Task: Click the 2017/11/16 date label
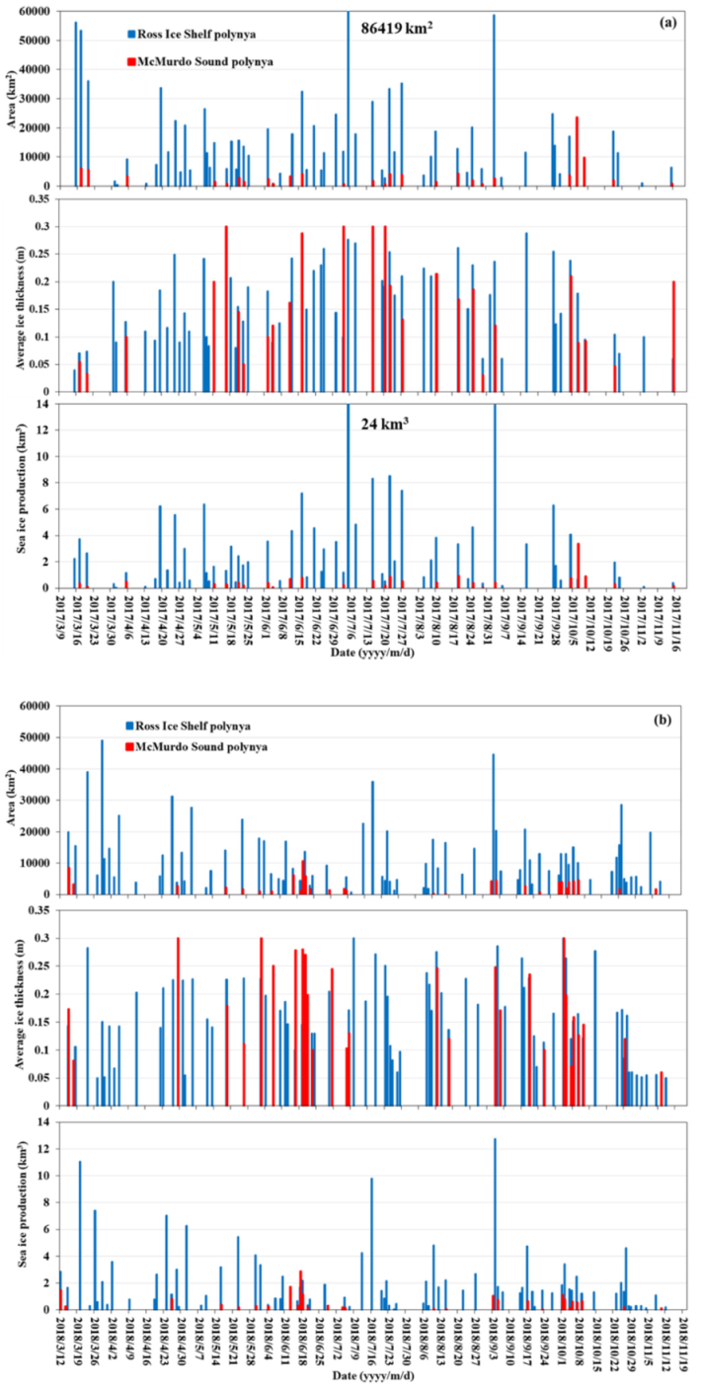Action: pos(678,624)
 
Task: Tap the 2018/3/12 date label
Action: pos(61,1344)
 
